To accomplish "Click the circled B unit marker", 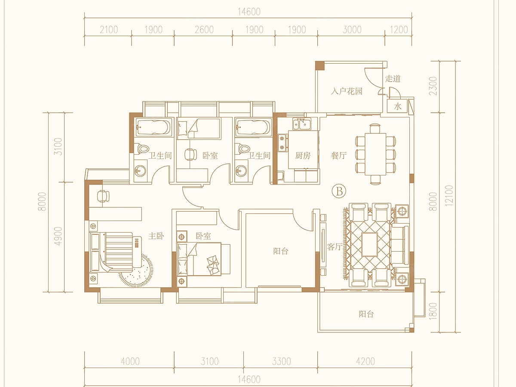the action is click(x=339, y=191).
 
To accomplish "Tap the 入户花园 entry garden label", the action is click(x=347, y=91).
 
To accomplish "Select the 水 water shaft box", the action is click(x=397, y=107).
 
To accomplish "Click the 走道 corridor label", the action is click(x=393, y=79).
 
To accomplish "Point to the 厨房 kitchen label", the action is click(x=303, y=156).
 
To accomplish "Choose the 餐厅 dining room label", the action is click(x=339, y=156).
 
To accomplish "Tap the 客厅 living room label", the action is click(x=335, y=247).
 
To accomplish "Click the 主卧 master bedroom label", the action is click(x=156, y=236).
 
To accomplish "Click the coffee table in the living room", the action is click(x=369, y=244).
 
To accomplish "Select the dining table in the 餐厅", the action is click(x=375, y=154).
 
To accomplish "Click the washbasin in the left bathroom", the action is click(x=140, y=170).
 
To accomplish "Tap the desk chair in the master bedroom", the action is click(x=103, y=196).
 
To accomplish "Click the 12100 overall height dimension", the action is click(x=448, y=196).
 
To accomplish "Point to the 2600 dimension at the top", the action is click(x=204, y=30).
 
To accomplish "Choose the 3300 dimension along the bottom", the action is click(x=281, y=361).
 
